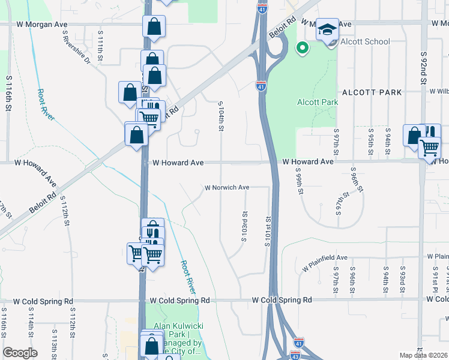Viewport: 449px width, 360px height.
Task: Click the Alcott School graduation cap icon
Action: [x=327, y=28]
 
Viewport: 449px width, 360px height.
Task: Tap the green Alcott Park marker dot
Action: [x=303, y=47]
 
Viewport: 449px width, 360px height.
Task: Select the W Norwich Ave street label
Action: [x=227, y=187]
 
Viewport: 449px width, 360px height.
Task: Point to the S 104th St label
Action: [x=221, y=116]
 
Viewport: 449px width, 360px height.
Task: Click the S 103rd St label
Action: [x=244, y=225]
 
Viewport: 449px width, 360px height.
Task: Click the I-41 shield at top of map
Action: [x=262, y=8]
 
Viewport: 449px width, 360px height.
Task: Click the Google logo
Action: [x=20, y=353]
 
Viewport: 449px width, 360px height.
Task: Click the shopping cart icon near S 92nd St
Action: [x=429, y=146]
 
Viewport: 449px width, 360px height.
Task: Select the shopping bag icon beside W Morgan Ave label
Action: [x=154, y=26]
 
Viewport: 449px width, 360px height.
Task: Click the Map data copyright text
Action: [x=423, y=355]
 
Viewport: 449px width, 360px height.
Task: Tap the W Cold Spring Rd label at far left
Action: [x=43, y=301]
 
